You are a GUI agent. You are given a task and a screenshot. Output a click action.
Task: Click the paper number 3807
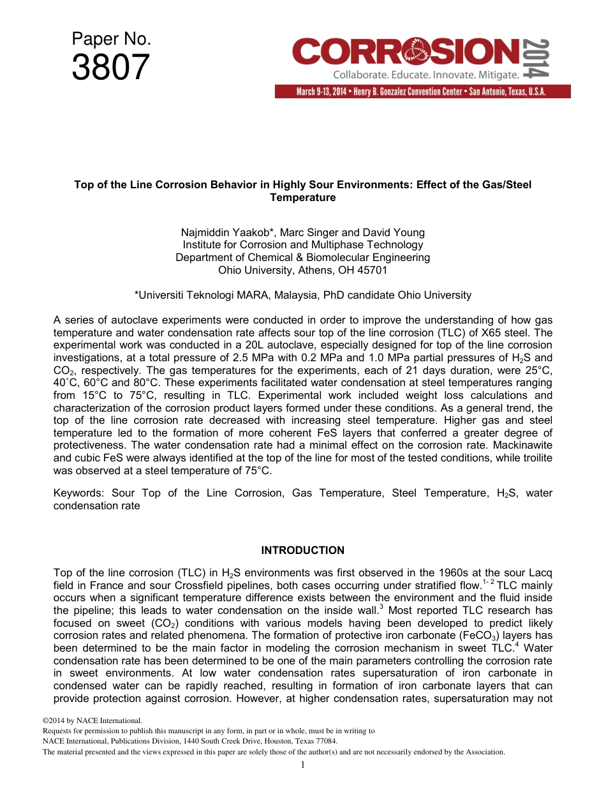point(110,68)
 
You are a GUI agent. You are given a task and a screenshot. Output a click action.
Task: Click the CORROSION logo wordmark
point(406,52)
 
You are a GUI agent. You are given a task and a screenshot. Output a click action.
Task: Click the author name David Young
point(395,232)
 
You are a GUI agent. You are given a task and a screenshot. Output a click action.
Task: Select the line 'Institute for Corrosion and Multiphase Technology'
point(303,245)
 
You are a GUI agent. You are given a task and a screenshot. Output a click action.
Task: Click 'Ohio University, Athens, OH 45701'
point(303,270)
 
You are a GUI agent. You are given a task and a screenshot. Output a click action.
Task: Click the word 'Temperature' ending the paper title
point(302,197)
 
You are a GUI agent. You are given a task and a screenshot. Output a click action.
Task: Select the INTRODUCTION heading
point(303,550)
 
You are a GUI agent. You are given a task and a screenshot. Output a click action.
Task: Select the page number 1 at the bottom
point(303,765)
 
